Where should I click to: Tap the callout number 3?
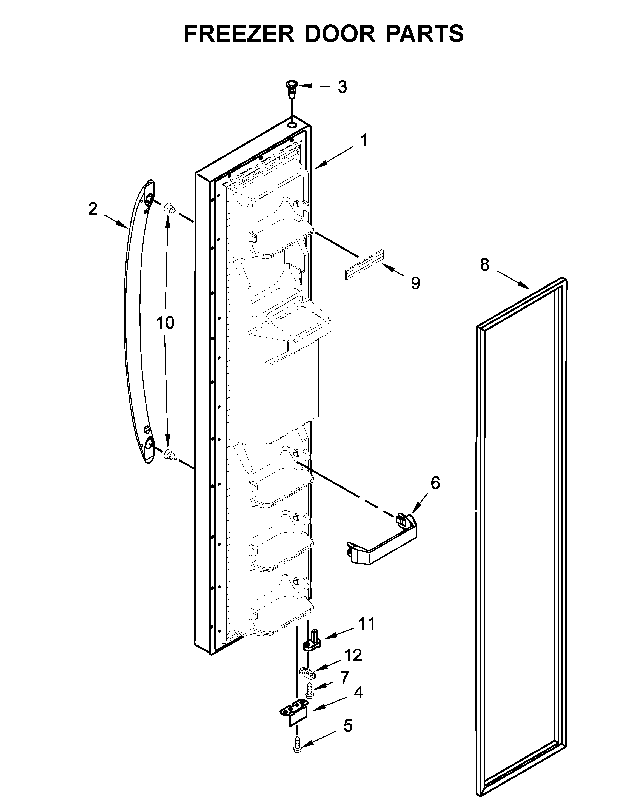(342, 87)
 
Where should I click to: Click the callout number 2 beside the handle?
(93, 209)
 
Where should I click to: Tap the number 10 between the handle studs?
(165, 322)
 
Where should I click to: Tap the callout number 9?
(415, 283)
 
